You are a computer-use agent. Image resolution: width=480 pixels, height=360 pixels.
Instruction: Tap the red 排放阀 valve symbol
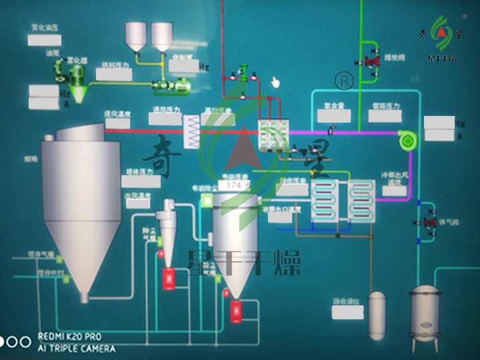click(368, 63)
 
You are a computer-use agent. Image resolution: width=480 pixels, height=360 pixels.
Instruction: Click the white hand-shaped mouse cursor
click(275, 82)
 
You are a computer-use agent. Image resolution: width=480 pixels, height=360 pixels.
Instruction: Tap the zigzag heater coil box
click(192, 126)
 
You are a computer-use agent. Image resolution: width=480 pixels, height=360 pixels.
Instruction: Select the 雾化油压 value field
click(44, 39)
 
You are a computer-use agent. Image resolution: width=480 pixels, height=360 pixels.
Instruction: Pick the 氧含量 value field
click(333, 115)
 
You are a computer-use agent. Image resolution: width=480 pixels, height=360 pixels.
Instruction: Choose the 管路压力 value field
click(385, 115)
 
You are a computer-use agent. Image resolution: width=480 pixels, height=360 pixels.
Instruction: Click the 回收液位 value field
click(347, 312)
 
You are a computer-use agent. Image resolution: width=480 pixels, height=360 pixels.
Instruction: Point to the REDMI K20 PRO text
click(77, 337)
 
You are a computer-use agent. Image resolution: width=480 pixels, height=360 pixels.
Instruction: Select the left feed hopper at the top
click(136, 36)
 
